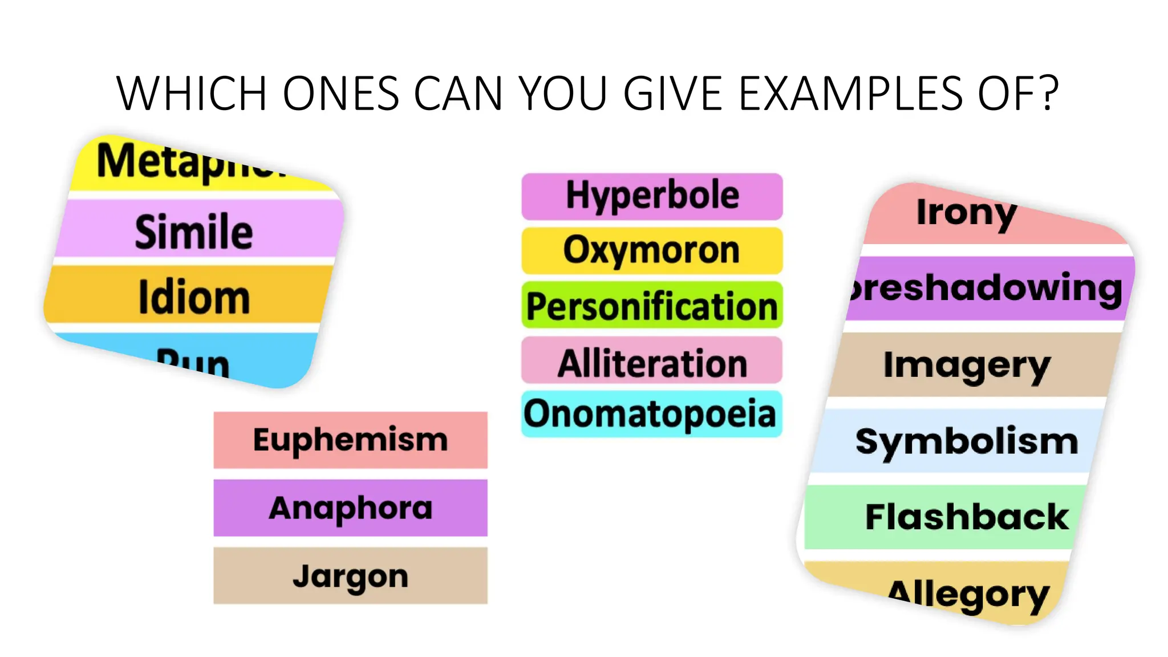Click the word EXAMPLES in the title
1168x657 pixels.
tap(850, 93)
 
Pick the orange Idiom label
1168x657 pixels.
tap(194, 297)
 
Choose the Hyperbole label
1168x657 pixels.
tap(652, 196)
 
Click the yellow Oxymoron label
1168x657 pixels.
tap(652, 250)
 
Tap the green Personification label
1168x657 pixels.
tap(652, 306)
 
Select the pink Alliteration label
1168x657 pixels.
tap(652, 362)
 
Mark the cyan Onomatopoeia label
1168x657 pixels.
tap(652, 414)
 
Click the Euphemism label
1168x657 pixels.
tap(350, 440)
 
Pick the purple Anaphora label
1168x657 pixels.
tap(350, 508)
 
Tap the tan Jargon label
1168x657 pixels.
tap(350, 575)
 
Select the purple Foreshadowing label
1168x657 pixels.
tap(987, 288)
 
